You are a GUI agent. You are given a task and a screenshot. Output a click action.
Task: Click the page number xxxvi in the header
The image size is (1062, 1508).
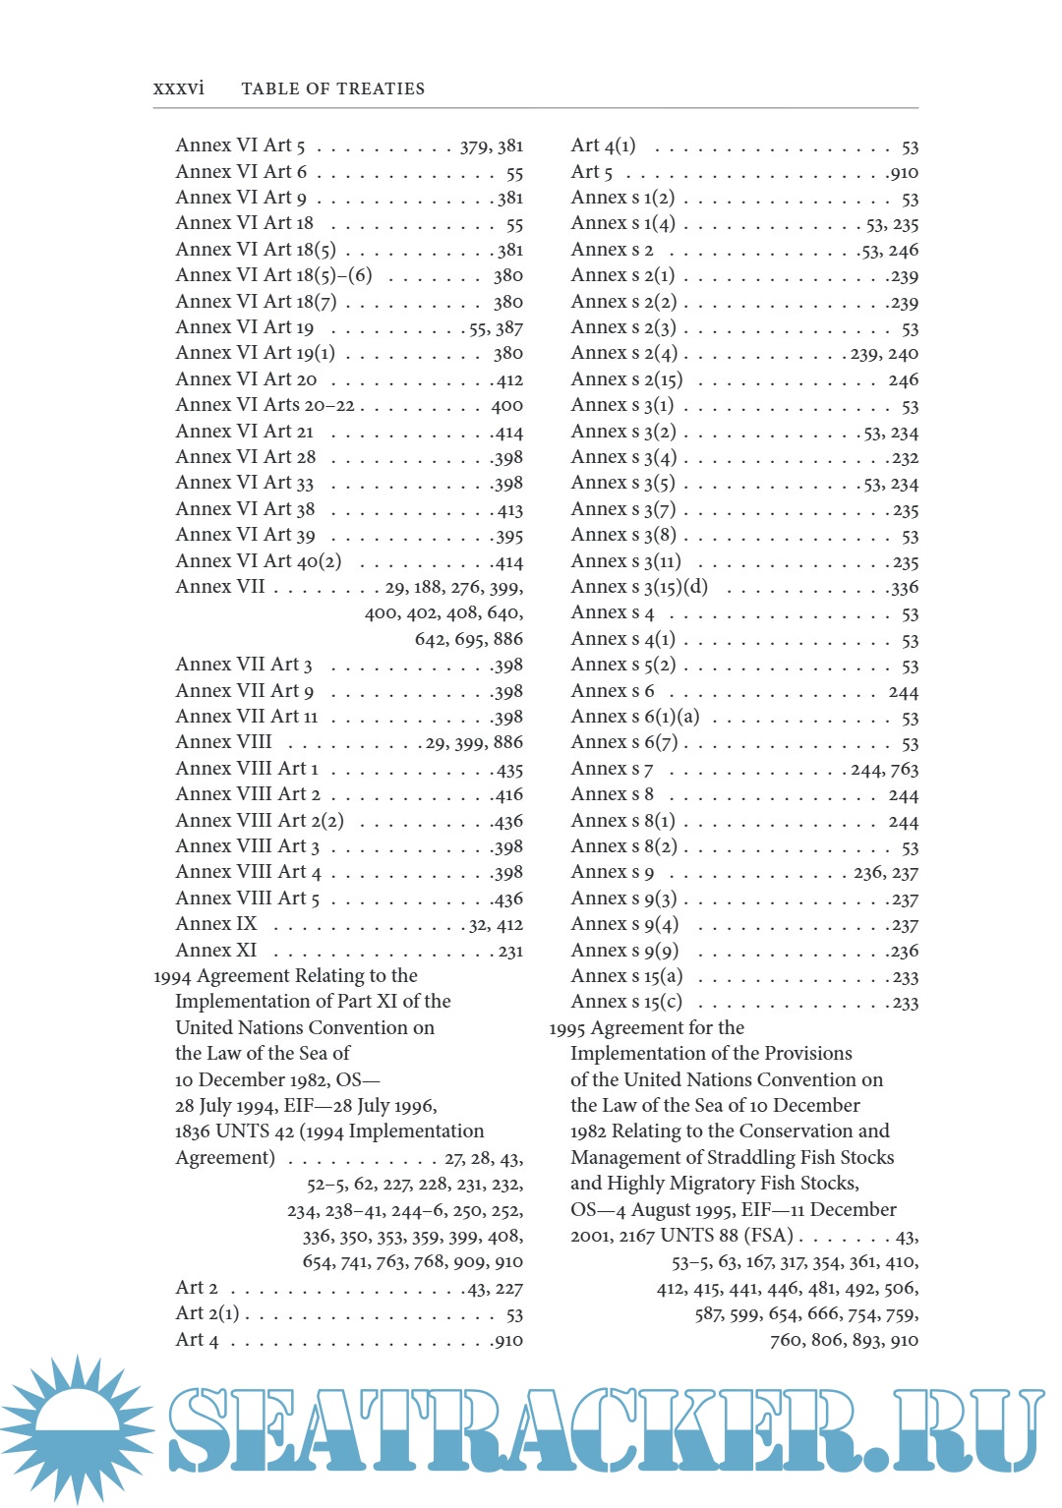click(x=178, y=88)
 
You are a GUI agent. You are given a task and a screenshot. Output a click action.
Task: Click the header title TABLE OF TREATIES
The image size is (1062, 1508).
click(x=332, y=88)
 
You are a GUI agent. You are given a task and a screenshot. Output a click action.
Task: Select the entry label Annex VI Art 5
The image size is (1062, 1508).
click(x=240, y=145)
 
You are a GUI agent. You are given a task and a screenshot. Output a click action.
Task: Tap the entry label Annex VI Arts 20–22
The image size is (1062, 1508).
click(x=265, y=405)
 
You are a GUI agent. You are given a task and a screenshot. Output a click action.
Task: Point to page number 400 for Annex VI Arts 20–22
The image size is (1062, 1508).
click(x=507, y=406)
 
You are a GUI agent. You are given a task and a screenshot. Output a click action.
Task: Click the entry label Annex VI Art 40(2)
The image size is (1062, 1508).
click(x=258, y=561)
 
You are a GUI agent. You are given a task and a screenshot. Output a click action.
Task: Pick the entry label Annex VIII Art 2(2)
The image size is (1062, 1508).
click(x=259, y=821)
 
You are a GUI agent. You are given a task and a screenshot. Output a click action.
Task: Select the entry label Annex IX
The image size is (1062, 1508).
click(x=215, y=924)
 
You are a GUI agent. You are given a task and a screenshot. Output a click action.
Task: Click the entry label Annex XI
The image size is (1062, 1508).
click(x=215, y=951)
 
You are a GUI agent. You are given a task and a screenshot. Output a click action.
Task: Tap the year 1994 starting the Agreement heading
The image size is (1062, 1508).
click(x=173, y=976)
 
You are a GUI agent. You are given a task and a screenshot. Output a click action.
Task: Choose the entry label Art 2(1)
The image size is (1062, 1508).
click(x=206, y=1313)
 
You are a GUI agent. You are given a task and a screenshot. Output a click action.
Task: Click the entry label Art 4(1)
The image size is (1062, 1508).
click(x=603, y=145)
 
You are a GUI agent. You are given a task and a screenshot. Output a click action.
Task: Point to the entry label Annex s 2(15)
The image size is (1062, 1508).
click(x=626, y=379)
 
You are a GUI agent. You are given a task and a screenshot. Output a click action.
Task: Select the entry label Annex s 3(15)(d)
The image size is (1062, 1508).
click(x=639, y=587)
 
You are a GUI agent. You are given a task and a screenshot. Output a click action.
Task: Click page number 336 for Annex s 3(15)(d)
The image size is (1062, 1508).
click(x=904, y=588)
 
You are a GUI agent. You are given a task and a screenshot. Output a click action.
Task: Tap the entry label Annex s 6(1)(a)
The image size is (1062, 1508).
click(x=635, y=717)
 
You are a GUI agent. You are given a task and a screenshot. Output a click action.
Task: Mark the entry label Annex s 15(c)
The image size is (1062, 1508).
click(x=626, y=1002)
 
